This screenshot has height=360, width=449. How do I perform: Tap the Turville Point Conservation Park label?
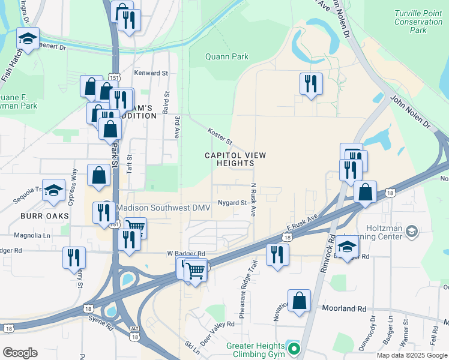418,22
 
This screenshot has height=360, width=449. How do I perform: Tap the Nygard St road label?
232,203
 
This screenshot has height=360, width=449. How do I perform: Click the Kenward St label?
151,73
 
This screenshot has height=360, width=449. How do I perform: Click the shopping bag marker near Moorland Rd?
299,301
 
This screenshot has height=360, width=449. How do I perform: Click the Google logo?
20,353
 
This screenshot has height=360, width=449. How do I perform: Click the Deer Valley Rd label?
219,327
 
